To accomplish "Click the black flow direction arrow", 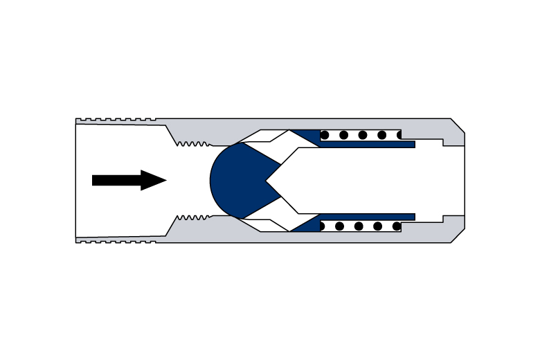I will click(x=125, y=180).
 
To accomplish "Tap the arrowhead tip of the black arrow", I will click(x=165, y=180).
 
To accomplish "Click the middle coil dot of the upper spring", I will click(x=363, y=135).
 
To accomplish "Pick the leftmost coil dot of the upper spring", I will click(x=325, y=135).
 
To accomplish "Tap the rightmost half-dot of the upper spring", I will click(x=399, y=135).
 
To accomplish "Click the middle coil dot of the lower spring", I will click(x=359, y=226).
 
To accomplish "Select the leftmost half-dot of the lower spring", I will click(x=321, y=226).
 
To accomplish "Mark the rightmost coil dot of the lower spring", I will click(x=396, y=226).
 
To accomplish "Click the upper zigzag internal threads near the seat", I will click(x=192, y=144).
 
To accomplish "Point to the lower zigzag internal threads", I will click(x=192, y=217).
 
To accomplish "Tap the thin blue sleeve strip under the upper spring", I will click(x=367, y=145).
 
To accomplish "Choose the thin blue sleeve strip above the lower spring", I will click(x=367, y=217).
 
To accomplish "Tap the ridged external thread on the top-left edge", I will click(x=118, y=120).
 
